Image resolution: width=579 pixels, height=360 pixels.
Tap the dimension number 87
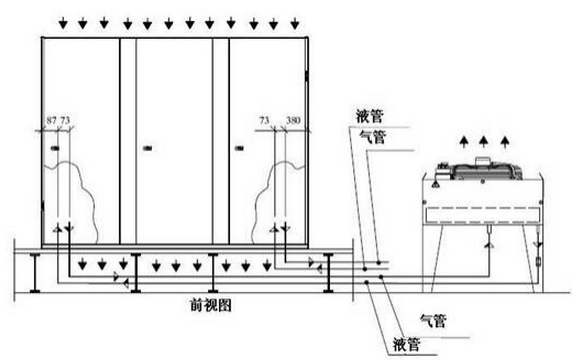52,121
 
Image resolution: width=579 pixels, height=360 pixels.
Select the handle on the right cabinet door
240,148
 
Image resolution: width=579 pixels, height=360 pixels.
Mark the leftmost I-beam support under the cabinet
35,271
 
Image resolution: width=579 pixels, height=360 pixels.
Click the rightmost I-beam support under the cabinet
327,271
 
